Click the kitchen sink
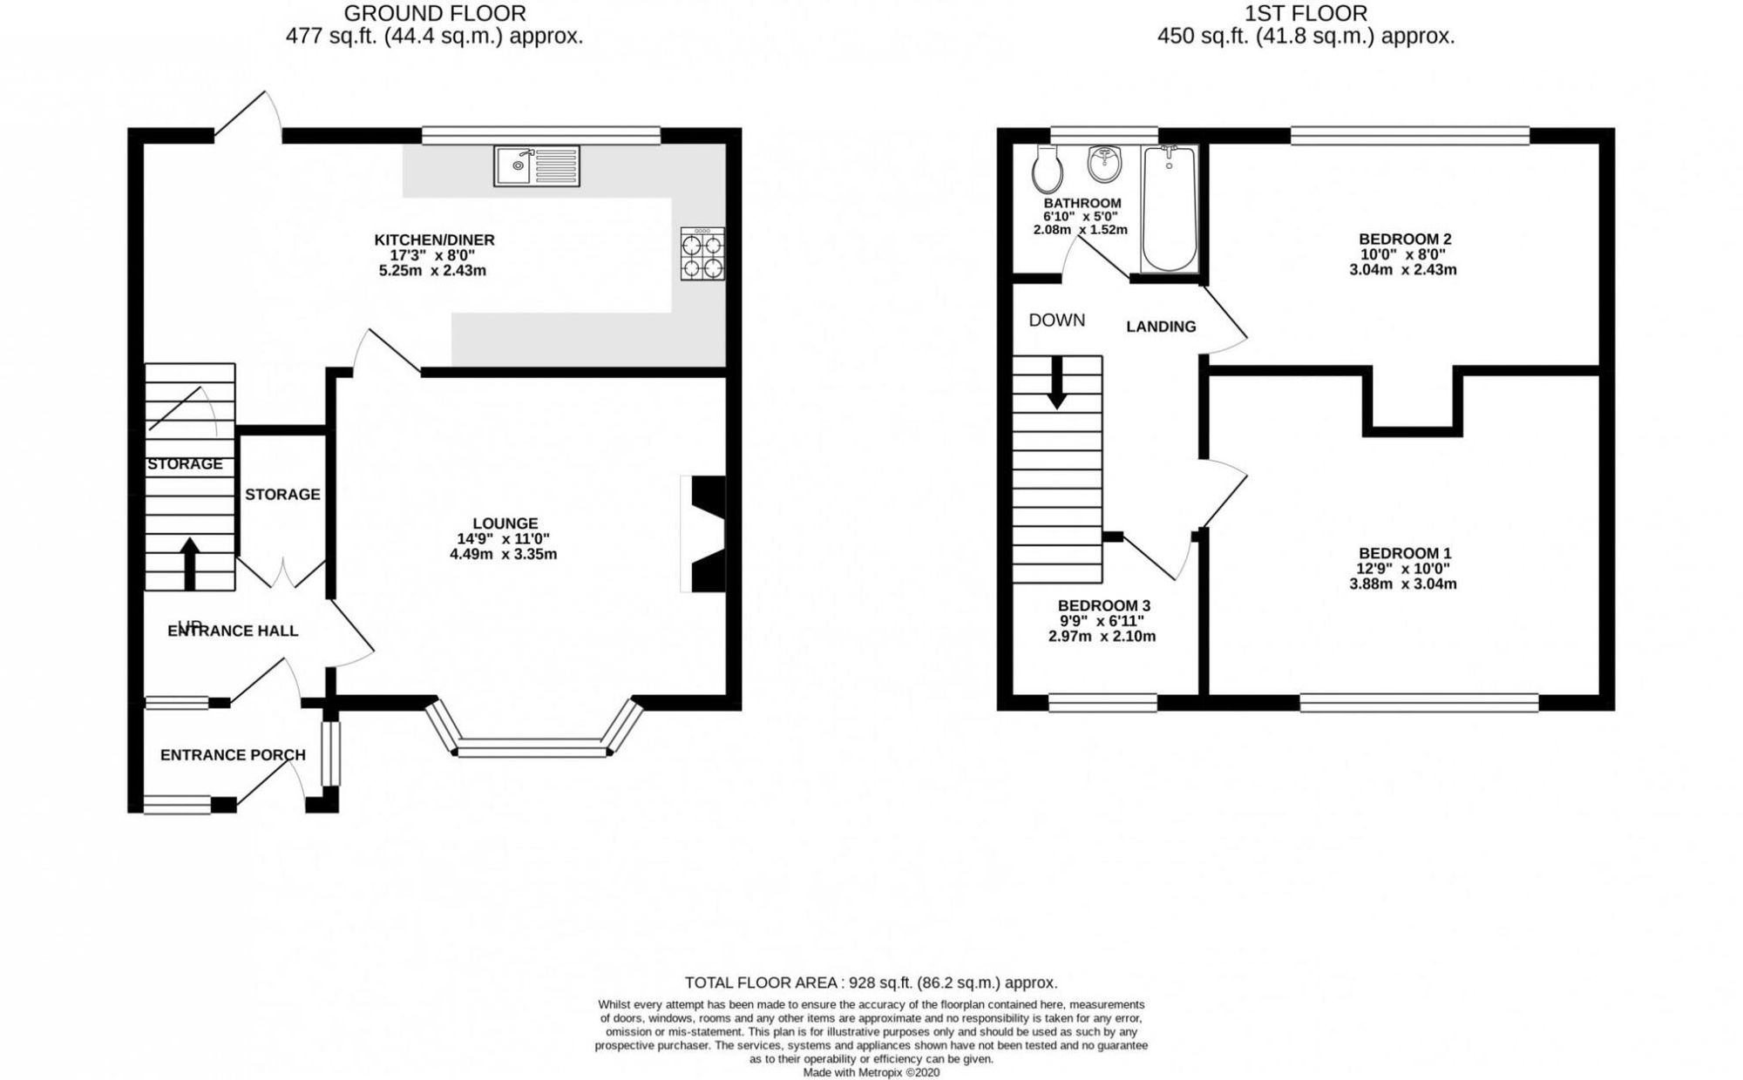click(537, 165)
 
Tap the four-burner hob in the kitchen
click(702, 253)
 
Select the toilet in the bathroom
click(1046, 168)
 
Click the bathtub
click(1170, 209)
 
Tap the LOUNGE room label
click(505, 523)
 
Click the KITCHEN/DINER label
click(434, 240)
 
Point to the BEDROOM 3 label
click(1103, 605)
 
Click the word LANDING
click(1161, 327)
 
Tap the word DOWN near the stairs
click(1057, 320)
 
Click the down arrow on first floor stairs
click(1057, 382)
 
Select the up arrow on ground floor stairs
click(189, 564)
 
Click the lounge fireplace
click(703, 534)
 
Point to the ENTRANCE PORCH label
click(233, 755)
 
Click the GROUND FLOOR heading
click(435, 13)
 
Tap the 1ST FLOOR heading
click(1306, 13)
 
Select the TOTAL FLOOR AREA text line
click(871, 982)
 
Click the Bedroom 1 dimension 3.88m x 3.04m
click(1403, 584)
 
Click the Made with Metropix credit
click(871, 1073)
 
